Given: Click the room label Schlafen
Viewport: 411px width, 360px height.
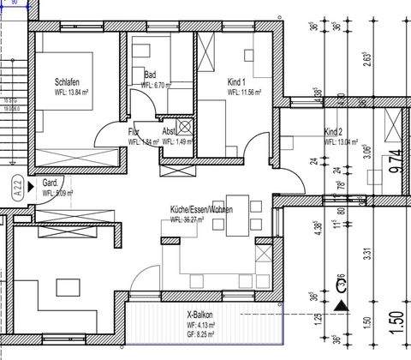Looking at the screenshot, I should click(x=68, y=82).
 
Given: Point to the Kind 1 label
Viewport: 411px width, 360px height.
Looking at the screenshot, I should click(x=237, y=82).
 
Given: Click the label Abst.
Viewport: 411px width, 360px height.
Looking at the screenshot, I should click(x=170, y=132).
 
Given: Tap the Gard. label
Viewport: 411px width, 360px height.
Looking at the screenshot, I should click(x=51, y=183).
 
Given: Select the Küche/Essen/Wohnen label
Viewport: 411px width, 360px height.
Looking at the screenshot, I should click(x=200, y=210).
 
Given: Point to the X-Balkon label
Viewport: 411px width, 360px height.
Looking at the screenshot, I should click(x=200, y=316).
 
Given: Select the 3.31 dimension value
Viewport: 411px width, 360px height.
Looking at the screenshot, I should click(x=363, y=253).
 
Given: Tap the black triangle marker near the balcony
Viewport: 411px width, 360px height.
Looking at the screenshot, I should click(x=342, y=303).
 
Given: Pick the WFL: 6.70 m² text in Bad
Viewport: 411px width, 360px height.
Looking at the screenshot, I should click(x=158, y=86).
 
